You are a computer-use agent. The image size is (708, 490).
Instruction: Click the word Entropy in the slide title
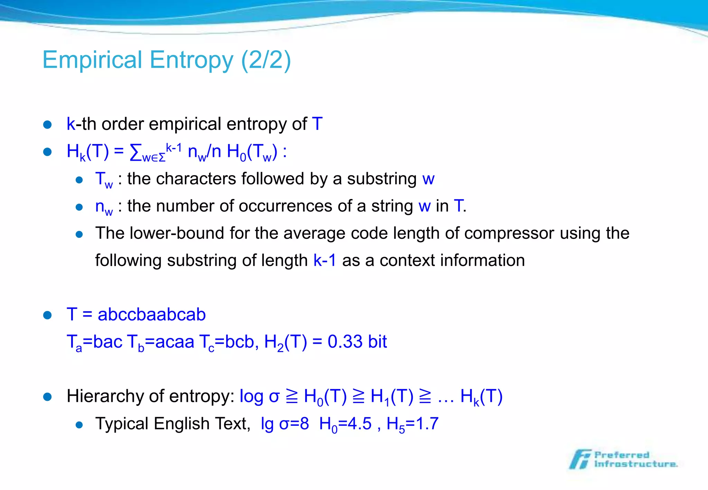(x=192, y=60)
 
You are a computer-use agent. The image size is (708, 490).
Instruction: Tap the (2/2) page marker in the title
(x=266, y=60)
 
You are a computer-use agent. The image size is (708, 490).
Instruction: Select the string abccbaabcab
(x=152, y=314)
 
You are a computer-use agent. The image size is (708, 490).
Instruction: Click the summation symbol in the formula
(x=136, y=152)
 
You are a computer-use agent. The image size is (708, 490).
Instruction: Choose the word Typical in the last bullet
(x=122, y=424)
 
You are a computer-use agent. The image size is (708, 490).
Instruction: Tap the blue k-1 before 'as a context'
(x=325, y=260)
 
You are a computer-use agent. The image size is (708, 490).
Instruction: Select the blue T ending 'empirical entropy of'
(x=317, y=124)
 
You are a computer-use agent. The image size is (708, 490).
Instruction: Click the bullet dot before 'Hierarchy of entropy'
(x=47, y=397)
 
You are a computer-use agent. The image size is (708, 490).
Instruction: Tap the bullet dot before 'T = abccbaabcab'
(x=47, y=315)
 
